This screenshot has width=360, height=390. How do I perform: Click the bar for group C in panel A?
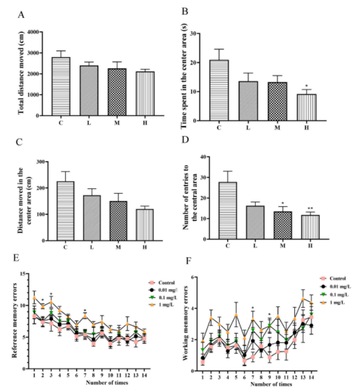point(61,86)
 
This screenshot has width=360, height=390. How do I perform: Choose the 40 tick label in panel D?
point(202,157)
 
